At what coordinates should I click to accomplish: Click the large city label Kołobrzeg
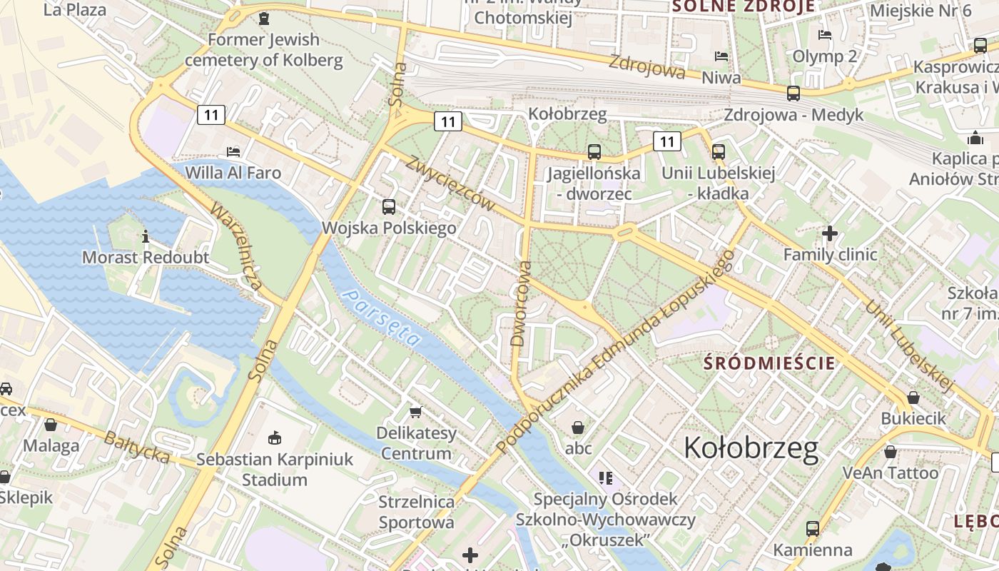point(751,448)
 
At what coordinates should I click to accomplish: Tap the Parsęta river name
point(380,317)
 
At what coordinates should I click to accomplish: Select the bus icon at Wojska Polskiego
point(389,207)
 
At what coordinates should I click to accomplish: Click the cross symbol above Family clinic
point(829,233)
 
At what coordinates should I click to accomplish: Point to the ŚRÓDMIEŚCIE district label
point(769,363)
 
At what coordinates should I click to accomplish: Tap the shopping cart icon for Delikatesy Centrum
point(415,412)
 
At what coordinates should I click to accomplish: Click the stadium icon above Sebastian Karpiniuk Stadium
point(275,438)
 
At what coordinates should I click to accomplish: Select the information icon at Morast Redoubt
point(146,236)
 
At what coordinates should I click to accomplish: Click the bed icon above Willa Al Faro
point(233,151)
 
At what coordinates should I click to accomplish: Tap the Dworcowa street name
point(522,303)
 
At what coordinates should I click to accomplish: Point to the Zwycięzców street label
point(450,183)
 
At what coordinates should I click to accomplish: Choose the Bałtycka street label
point(137,447)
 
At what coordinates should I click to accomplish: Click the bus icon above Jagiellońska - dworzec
point(594,151)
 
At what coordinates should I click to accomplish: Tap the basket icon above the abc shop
point(578,428)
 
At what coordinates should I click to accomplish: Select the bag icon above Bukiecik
point(913,398)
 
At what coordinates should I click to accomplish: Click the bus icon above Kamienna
point(812,529)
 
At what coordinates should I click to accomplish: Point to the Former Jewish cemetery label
point(264,49)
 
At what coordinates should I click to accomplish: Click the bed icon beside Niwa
point(721,56)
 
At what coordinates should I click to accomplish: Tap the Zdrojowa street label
point(646,66)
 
